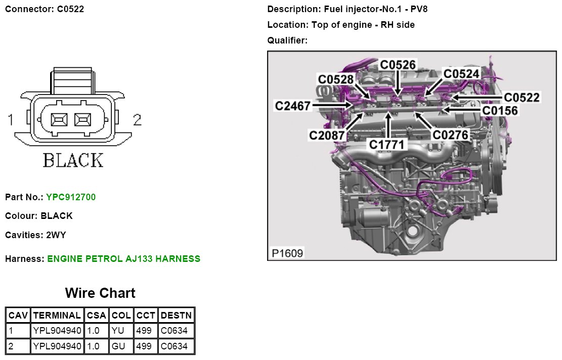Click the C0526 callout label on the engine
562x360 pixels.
[398, 65]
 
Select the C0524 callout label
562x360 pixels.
[461, 74]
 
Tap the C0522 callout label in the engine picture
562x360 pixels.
[522, 97]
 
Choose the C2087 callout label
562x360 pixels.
[327, 135]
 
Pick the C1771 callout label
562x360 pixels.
[387, 145]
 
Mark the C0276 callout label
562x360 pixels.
[450, 134]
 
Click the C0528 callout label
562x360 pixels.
[336, 79]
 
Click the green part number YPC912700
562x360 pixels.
[71, 197]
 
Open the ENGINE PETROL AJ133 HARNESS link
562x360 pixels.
[124, 259]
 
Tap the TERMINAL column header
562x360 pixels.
[57, 315]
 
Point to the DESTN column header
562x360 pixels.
[176, 315]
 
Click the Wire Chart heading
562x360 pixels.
[100, 293]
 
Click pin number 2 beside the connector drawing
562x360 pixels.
[137, 120]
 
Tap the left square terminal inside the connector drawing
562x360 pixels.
[60, 120]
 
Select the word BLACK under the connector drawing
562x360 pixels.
[73, 160]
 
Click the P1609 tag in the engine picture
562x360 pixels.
[287, 253]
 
